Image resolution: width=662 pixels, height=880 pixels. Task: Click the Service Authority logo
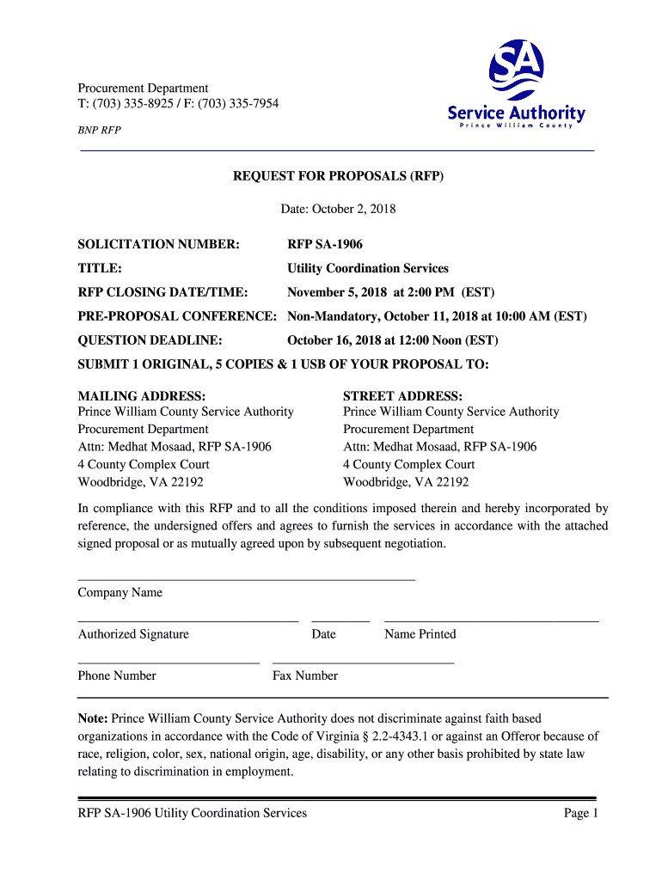click(x=516, y=84)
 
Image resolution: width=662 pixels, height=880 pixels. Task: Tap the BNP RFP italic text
click(x=100, y=131)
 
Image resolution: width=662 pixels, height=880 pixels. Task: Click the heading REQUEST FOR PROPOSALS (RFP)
click(x=339, y=176)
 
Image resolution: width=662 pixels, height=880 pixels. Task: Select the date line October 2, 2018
click(x=339, y=209)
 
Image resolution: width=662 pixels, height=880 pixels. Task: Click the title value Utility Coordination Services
click(x=368, y=268)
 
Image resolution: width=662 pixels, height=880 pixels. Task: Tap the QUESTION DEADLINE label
click(x=150, y=340)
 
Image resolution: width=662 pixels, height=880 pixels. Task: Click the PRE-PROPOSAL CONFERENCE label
click(x=178, y=316)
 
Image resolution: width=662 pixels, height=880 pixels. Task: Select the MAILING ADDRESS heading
click(x=142, y=396)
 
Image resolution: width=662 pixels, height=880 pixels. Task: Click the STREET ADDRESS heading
click(x=403, y=396)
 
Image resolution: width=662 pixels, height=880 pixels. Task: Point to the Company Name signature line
click(x=247, y=579)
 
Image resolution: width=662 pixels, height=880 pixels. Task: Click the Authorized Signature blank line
click(x=188, y=620)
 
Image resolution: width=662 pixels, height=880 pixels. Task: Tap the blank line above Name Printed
click(x=491, y=620)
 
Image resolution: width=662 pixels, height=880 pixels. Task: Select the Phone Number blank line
click(x=169, y=663)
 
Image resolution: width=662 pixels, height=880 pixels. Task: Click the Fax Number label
click(x=305, y=675)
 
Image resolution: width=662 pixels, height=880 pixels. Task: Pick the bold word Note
click(x=92, y=718)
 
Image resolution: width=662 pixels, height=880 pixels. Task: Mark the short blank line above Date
click(x=340, y=620)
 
